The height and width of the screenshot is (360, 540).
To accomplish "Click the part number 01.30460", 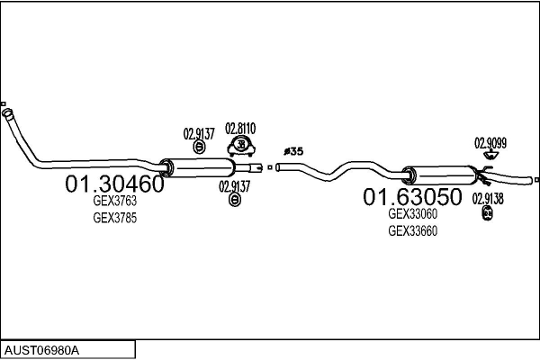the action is (114, 184).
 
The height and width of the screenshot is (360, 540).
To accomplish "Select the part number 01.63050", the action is (412, 197).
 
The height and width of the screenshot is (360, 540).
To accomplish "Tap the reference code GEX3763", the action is (114, 201).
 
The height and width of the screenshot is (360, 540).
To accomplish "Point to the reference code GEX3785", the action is (114, 218).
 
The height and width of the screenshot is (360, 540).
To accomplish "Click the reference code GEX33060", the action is (412, 214).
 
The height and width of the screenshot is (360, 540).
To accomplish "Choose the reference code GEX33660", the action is (412, 230).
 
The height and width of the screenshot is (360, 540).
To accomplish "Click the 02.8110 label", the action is (240, 129).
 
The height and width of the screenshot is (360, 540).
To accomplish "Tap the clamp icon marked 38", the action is (241, 147).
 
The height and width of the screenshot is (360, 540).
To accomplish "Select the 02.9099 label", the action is (490, 143).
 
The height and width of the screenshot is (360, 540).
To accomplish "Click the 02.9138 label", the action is (488, 199).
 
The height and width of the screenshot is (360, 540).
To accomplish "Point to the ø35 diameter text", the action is (293, 151).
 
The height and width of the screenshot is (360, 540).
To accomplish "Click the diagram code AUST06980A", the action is (41, 351).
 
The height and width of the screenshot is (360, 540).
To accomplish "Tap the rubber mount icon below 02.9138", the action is (487, 213).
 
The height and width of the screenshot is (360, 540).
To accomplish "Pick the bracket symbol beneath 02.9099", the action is (490, 155).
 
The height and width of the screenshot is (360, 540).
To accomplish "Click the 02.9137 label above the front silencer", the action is (199, 134).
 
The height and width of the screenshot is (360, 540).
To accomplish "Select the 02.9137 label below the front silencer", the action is (234, 187).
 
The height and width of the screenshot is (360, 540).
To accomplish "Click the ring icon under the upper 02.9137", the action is (199, 147).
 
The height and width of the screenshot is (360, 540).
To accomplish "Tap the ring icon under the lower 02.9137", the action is (235, 200).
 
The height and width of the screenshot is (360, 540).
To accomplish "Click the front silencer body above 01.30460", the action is (199, 167).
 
